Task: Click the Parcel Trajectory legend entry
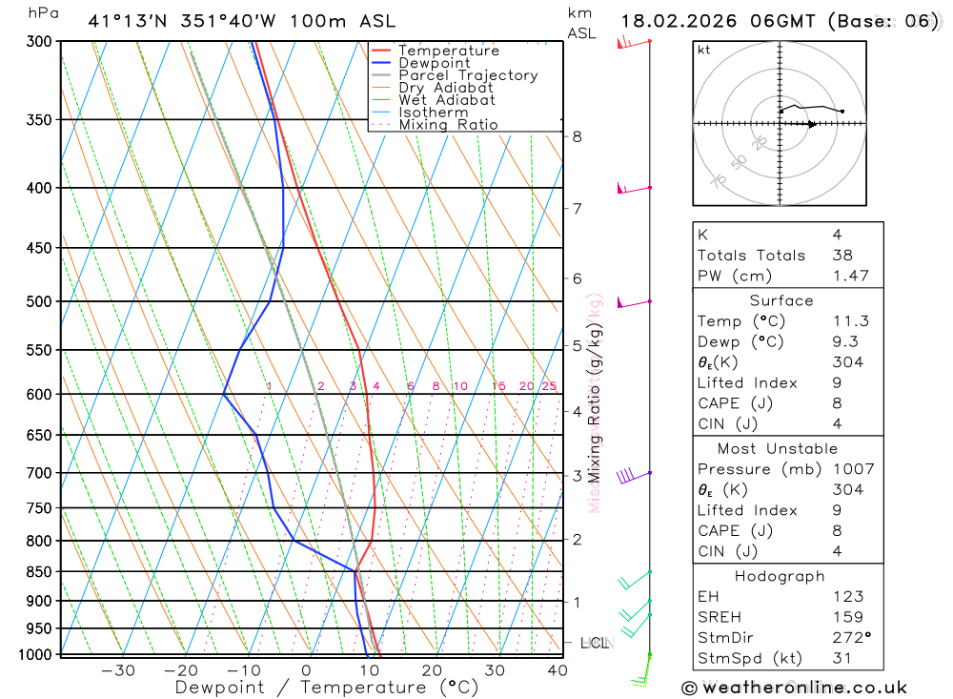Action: [x=467, y=75]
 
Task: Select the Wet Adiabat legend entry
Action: [x=446, y=100]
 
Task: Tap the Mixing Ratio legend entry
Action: [x=447, y=125]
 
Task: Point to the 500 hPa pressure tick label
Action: [x=39, y=302]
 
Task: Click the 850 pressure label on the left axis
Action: [x=39, y=572]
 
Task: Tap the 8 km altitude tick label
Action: [x=577, y=136]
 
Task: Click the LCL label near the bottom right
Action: [x=594, y=643]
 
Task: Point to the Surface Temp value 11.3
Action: [x=850, y=321]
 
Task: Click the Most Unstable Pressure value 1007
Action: [x=851, y=469]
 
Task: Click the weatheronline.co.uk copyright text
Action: [x=794, y=687]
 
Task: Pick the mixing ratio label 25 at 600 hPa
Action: [x=549, y=386]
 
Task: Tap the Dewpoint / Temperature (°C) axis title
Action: [x=326, y=688]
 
